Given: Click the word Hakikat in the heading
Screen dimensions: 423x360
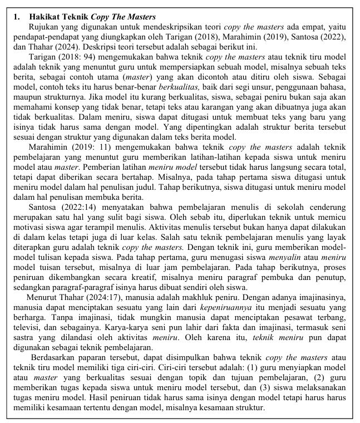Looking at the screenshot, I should tap(46, 17).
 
